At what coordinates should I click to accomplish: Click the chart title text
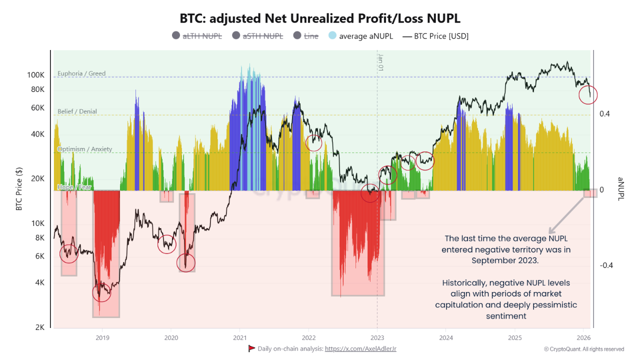[x=320, y=18]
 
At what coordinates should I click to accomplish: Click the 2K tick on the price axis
[x=39, y=327]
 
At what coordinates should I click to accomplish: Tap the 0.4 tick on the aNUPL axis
[x=604, y=114]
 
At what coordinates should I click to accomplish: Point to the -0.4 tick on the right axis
[x=606, y=265]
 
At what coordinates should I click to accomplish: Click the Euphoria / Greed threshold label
[x=81, y=73]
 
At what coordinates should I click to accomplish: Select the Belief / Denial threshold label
[x=77, y=111]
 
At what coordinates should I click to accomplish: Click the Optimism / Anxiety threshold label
[x=84, y=149]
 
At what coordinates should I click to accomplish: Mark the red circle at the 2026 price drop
[x=588, y=94]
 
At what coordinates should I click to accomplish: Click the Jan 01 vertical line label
[x=380, y=62]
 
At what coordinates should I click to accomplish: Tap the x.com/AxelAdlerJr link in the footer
[x=360, y=348]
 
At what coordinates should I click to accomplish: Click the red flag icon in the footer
[x=251, y=348]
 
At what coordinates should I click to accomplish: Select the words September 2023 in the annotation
[x=505, y=260]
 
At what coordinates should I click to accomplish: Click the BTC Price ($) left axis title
[x=19, y=188]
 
